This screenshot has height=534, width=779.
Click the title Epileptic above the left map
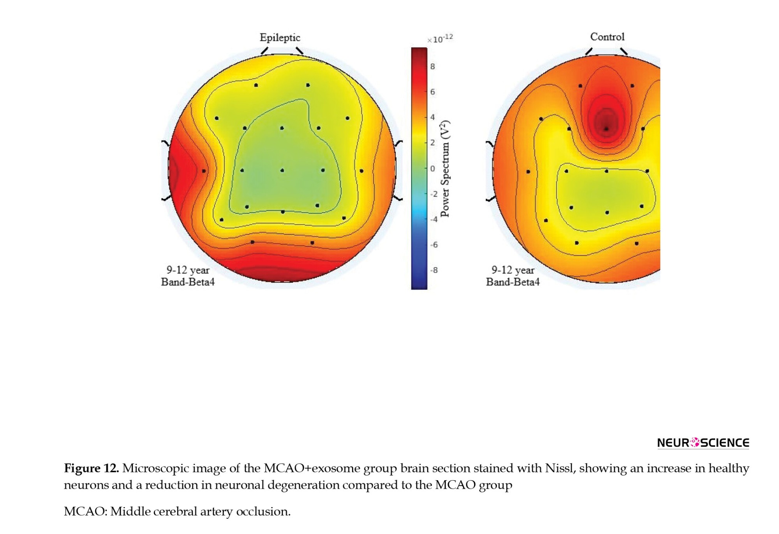(280, 38)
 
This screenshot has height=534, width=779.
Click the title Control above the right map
(607, 37)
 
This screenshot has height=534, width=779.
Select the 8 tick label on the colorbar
(432, 67)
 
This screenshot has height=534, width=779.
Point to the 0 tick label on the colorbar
(432, 169)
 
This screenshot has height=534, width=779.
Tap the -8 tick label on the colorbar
(434, 270)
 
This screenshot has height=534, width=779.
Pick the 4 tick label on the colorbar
(432, 117)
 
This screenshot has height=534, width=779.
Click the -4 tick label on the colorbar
(434, 219)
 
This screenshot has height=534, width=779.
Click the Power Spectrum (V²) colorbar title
(445, 169)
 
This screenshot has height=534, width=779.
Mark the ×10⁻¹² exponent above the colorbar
(440, 39)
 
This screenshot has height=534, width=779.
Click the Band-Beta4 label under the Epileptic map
(188, 282)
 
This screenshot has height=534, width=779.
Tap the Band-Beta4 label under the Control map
(513, 282)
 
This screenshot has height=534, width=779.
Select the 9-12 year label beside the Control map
(513, 270)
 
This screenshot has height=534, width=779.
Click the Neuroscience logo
(703, 443)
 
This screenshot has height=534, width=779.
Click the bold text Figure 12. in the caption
(92, 468)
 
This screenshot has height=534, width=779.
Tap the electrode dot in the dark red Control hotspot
(606, 129)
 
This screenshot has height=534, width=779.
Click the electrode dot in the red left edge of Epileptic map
(204, 171)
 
